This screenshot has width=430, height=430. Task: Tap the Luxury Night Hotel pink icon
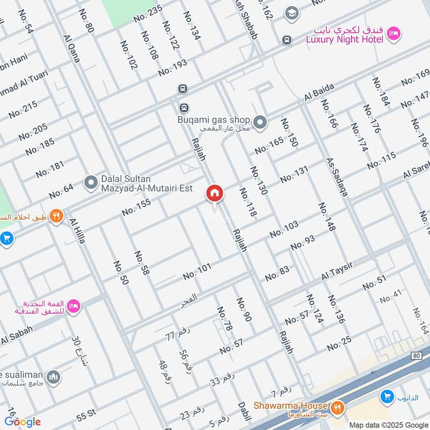[393, 34]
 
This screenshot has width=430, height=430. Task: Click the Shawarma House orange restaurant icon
[338, 406]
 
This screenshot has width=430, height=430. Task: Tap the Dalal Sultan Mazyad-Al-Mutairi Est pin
[90, 183]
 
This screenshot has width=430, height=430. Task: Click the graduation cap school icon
[292, 13]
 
